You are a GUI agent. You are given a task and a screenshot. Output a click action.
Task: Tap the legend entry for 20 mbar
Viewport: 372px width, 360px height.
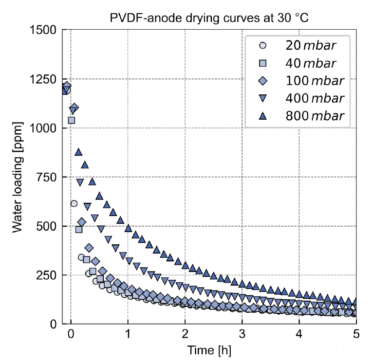click(x=297, y=46)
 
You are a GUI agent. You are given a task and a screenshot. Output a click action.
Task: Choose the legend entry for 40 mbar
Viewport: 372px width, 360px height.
click(x=297, y=64)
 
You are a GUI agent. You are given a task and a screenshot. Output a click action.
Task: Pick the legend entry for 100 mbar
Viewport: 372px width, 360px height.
click(x=297, y=81)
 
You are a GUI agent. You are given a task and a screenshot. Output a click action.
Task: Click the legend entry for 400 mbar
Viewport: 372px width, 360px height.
click(x=297, y=98)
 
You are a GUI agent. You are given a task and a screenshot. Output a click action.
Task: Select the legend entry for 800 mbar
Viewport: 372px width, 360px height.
click(x=297, y=116)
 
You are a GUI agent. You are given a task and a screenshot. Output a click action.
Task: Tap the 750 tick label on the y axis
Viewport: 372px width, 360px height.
click(x=48, y=177)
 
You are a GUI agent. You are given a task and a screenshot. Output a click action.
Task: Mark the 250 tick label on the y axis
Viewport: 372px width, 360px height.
click(x=48, y=275)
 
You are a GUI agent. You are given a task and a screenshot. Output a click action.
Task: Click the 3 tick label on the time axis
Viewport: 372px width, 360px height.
click(x=242, y=335)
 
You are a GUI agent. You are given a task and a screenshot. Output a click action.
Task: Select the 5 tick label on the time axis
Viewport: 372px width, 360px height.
click(x=356, y=335)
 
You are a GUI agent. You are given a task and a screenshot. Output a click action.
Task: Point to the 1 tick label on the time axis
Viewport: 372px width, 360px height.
click(x=128, y=335)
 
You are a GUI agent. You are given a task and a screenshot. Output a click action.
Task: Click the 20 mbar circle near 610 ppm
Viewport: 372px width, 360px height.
click(x=74, y=203)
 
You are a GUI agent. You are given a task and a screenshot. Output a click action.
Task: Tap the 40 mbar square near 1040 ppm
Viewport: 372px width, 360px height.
click(x=72, y=120)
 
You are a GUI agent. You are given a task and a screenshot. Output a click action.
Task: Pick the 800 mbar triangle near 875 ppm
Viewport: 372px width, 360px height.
click(x=78, y=152)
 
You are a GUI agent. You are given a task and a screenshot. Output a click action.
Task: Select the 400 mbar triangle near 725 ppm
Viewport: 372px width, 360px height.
click(x=80, y=182)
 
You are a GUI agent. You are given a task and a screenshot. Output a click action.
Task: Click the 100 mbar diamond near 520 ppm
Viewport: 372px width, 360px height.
click(x=82, y=222)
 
